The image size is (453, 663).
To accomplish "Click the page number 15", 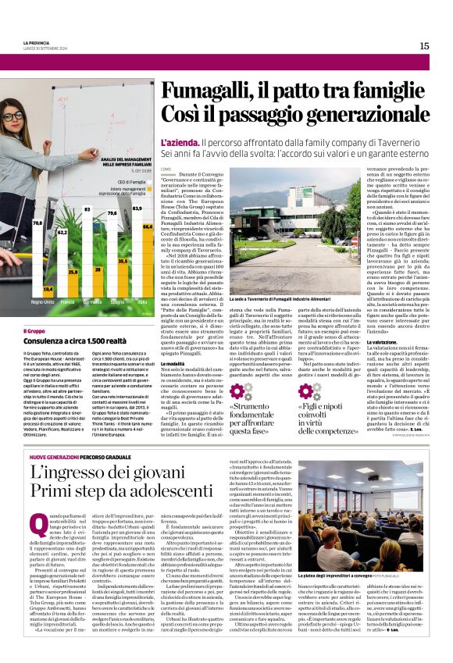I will (424, 46).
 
